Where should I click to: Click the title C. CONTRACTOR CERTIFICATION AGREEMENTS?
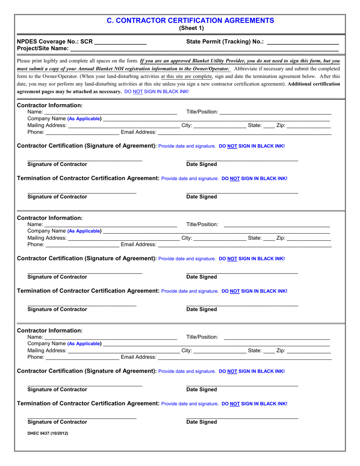click(190, 20)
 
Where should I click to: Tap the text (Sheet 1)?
click(191, 28)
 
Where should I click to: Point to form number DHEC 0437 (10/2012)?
click(48, 433)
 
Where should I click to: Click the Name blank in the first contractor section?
click(110, 112)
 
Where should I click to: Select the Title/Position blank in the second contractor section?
click(277, 225)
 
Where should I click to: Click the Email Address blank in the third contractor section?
click(244, 357)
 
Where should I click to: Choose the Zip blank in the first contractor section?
click(309, 126)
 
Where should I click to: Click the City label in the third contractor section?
click(187, 351)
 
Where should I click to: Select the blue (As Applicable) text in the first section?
click(84, 119)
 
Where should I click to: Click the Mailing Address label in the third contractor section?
click(47, 351)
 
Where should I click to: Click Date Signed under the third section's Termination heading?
click(202, 422)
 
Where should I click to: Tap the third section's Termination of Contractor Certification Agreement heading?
click(88, 403)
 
